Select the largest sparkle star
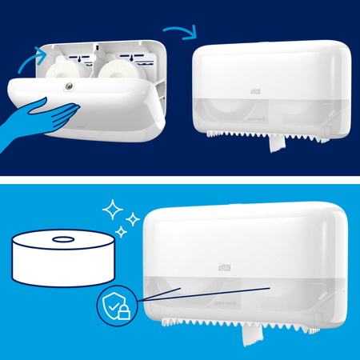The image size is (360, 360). tap(118, 210)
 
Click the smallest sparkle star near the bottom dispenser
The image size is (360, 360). tap(124, 232)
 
